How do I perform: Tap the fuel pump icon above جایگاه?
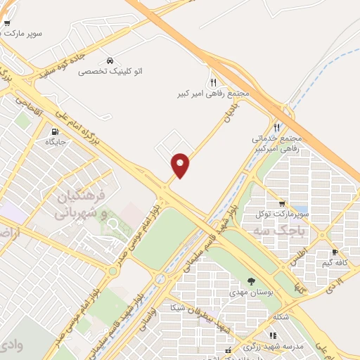(55, 131)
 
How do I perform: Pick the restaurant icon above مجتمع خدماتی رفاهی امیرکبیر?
(276, 127)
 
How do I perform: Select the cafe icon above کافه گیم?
(335, 252)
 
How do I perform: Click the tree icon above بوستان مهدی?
(252, 281)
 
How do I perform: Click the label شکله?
(279, 316)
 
